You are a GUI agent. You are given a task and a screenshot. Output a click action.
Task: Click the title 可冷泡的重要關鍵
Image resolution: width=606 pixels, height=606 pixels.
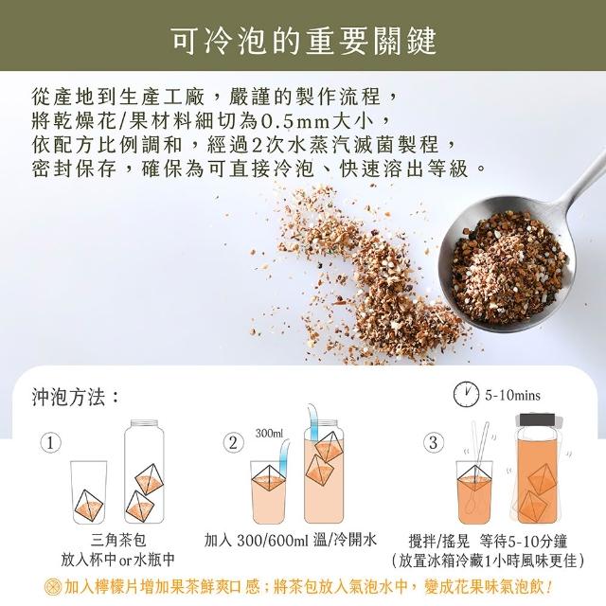coord(304,40)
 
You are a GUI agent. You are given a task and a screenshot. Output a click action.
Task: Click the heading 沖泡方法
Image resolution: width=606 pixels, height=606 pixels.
coord(75,397)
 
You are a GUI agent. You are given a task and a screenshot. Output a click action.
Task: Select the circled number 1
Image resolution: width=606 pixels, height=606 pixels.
coord(51,443)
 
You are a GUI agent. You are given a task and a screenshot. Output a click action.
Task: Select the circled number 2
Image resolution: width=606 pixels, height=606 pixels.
coord(234,443)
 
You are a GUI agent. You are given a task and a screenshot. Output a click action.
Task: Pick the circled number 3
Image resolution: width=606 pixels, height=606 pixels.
coord(434,443)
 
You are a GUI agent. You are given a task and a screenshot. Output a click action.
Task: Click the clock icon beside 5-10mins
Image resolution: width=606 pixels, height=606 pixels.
coord(466,394)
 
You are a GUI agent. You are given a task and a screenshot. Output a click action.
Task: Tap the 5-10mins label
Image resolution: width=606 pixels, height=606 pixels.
coord(512,396)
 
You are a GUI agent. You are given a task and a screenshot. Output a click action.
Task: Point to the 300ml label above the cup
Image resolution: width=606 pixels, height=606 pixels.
coord(269,434)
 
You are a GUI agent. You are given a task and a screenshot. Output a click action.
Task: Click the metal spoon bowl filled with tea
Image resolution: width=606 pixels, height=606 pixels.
coord(508,265)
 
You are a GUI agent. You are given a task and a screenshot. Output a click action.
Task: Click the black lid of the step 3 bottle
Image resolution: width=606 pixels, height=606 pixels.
coord(537,419)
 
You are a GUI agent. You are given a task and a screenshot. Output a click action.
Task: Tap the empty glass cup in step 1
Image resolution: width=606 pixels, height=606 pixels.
coord(89,492)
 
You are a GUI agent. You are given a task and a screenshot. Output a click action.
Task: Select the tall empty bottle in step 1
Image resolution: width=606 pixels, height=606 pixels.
coord(144,472)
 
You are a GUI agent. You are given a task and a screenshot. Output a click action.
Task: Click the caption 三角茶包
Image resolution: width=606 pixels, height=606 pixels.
coord(118,540)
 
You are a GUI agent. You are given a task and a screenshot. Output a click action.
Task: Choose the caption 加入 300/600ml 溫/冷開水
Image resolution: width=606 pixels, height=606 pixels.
coord(291,540)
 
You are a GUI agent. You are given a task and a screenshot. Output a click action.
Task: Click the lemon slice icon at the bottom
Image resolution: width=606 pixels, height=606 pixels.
coord(52,587)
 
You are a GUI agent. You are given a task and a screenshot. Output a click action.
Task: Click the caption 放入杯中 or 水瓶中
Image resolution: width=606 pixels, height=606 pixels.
coord(117,560)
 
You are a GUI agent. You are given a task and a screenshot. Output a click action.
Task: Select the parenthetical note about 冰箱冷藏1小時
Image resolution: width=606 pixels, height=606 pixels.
coord(488,561)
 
